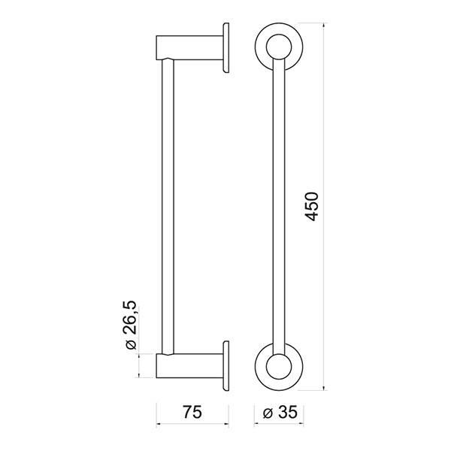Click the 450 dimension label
tap(311, 207)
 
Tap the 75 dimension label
tap(192, 412)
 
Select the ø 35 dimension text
tap(280, 413)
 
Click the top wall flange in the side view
tap(226, 48)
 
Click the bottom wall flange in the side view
tap(226, 366)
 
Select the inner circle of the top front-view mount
tap(279, 47)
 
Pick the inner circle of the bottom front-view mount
tap(279, 367)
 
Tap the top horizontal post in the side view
tap(189, 48)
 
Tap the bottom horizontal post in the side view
tap(189, 366)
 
